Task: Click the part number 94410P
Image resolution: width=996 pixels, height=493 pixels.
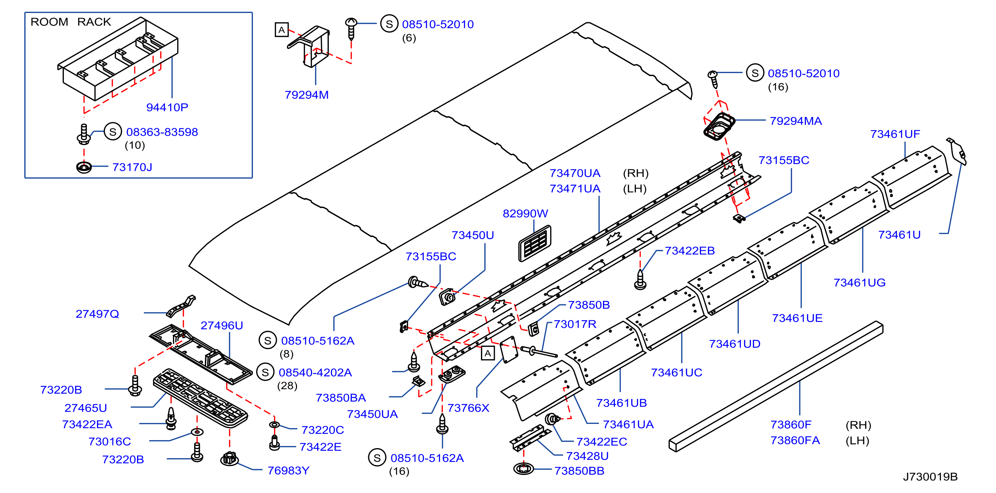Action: [x=167, y=107]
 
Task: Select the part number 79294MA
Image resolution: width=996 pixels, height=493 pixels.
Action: [x=796, y=121]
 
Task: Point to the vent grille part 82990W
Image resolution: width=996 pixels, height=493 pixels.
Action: [x=535, y=244]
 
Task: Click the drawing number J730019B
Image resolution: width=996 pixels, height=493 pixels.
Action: [x=930, y=476]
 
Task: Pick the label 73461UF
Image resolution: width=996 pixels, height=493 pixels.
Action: [x=895, y=134]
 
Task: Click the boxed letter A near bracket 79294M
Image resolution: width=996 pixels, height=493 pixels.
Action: [x=281, y=30]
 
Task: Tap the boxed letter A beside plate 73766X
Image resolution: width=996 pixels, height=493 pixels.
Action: [x=488, y=353]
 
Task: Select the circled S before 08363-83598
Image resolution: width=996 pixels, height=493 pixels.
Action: [x=113, y=132]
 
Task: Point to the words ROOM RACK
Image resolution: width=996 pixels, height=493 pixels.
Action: [x=71, y=22]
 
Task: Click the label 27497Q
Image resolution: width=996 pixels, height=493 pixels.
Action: [x=97, y=314]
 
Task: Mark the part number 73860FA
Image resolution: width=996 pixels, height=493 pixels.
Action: [x=795, y=440]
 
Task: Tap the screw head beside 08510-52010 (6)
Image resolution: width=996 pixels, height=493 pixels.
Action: [x=351, y=22]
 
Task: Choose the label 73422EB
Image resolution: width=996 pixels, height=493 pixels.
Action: [x=690, y=251]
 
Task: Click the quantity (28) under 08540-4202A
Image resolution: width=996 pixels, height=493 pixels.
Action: [x=287, y=386]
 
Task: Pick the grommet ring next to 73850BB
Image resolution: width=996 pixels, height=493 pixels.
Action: [x=523, y=469]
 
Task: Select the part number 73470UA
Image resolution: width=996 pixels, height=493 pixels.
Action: [x=575, y=173]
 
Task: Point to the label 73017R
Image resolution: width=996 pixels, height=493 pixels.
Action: [x=575, y=324]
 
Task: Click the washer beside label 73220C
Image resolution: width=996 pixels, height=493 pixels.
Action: [x=274, y=425]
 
